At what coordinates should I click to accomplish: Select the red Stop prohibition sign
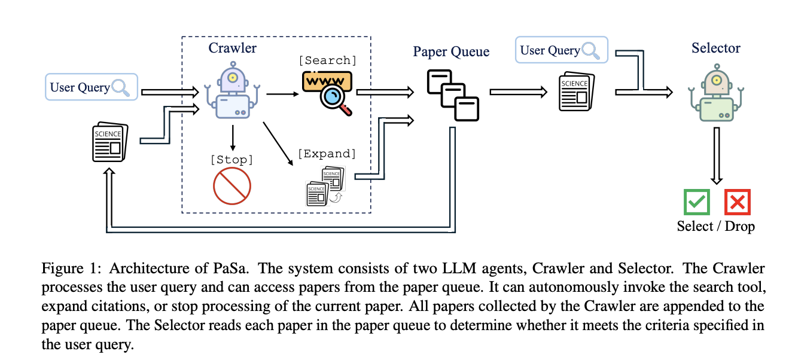click(x=232, y=185)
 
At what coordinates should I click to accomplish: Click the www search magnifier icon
click(x=325, y=90)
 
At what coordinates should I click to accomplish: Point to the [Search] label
click(x=327, y=60)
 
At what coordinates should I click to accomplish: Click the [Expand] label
click(x=327, y=154)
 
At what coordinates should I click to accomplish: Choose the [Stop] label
click(x=233, y=159)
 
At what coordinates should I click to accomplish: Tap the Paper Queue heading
click(x=451, y=51)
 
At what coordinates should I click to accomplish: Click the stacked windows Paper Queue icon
click(x=453, y=95)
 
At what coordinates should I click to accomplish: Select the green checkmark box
click(x=697, y=202)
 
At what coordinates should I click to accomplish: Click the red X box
click(x=737, y=202)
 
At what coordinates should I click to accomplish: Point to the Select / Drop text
click(x=716, y=226)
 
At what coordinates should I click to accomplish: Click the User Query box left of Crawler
click(x=92, y=87)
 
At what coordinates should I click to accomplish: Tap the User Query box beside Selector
click(x=561, y=50)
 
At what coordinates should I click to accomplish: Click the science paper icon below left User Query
click(x=109, y=143)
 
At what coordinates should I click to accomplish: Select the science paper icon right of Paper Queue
click(x=576, y=92)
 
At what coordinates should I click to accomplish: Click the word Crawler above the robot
click(x=233, y=47)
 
